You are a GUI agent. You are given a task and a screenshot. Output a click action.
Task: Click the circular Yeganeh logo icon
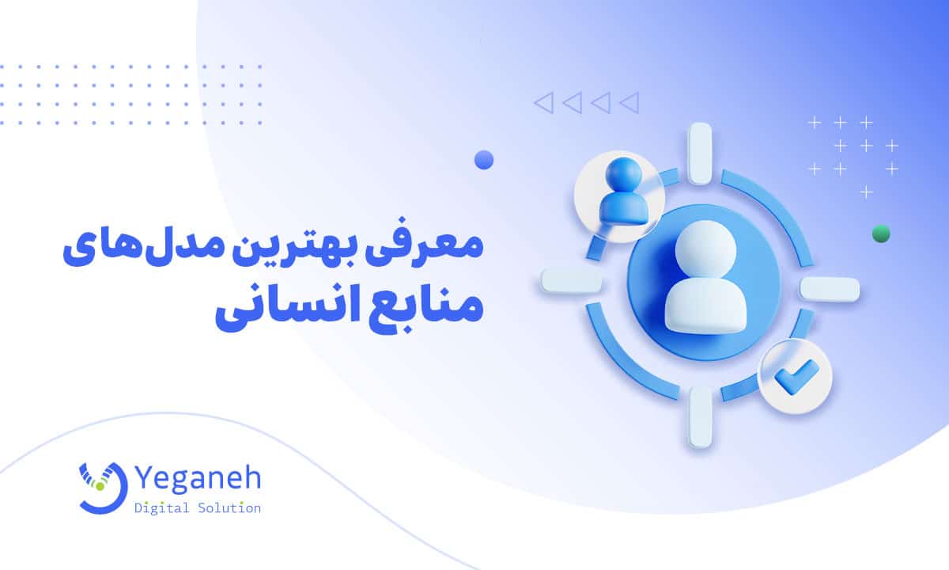(103, 485)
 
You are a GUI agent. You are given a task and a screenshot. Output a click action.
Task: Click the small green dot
(880, 234)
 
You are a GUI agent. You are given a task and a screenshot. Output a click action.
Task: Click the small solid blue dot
(483, 160)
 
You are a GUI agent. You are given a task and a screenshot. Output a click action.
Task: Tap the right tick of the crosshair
(829, 289)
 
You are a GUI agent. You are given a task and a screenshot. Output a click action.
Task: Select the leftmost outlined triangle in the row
(543, 102)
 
